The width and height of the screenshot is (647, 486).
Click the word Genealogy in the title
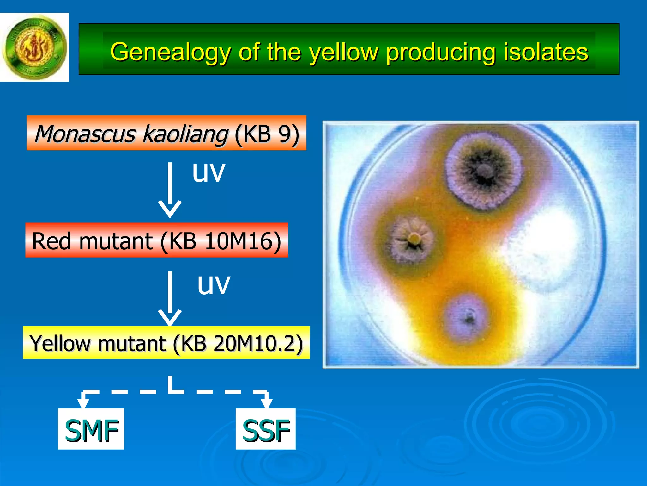[x=171, y=52]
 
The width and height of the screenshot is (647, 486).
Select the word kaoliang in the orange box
[x=185, y=134]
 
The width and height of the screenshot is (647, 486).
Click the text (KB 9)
[x=267, y=134]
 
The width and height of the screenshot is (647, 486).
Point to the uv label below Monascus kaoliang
[x=209, y=172]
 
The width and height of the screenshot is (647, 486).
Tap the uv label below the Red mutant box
[x=214, y=284]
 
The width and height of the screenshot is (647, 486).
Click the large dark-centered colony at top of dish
[x=483, y=171]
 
